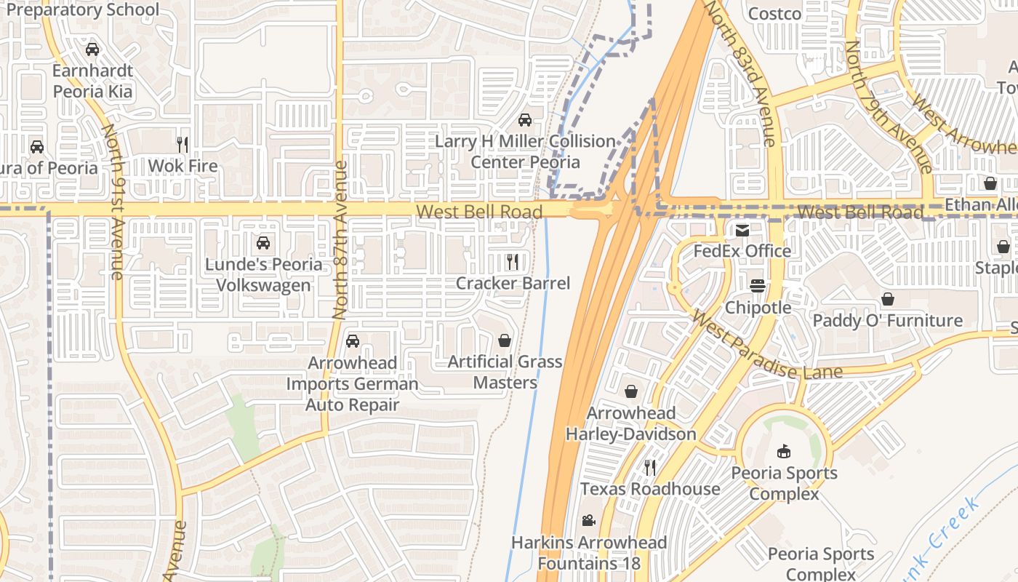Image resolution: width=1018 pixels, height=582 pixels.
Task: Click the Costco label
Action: click(774, 13)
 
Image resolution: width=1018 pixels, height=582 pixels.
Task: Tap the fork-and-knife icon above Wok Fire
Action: click(183, 144)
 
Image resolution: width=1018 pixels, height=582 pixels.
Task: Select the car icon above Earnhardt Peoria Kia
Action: click(92, 49)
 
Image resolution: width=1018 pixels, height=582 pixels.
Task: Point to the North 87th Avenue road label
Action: click(340, 240)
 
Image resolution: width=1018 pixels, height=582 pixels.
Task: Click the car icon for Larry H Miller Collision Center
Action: click(524, 119)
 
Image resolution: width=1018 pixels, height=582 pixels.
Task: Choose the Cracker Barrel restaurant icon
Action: click(513, 261)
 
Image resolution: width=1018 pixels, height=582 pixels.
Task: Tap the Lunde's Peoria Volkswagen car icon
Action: click(263, 242)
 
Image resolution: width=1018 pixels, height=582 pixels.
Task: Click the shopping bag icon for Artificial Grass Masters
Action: click(504, 340)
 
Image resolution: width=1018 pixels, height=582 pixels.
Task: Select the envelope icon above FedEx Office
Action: click(742, 231)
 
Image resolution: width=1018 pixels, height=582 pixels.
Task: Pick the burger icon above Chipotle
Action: click(758, 286)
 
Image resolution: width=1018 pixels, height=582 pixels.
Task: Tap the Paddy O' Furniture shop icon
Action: click(887, 299)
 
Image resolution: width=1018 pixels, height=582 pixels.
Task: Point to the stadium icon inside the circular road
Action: click(783, 452)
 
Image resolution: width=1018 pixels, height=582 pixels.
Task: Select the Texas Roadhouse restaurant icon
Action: click(649, 467)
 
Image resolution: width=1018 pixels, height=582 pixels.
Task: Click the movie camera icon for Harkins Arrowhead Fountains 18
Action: click(588, 521)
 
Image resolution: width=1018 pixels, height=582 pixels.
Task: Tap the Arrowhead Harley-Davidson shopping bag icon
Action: click(630, 391)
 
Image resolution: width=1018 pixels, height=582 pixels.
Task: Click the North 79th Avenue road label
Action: click(887, 105)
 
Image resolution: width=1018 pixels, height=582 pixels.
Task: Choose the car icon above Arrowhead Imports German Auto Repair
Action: click(353, 340)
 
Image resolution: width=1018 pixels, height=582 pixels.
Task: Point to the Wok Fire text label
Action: click(183, 166)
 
